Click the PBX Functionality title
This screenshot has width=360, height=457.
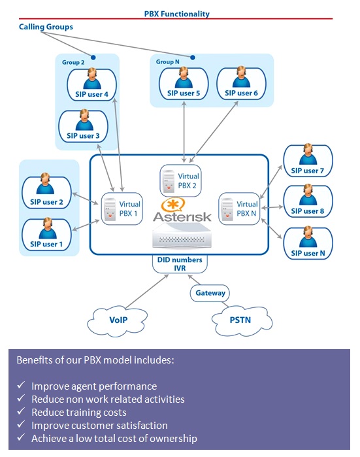click(x=177, y=14)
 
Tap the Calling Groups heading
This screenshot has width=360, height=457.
click(x=46, y=27)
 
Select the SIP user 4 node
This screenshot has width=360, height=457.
click(x=91, y=84)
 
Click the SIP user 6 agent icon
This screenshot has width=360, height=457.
click(x=241, y=77)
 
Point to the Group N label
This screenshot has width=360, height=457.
click(x=167, y=62)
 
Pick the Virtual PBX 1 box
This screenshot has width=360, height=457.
click(x=122, y=209)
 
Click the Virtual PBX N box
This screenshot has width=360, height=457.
click(x=239, y=209)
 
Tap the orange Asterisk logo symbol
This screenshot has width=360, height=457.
click(x=173, y=204)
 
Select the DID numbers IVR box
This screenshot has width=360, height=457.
click(x=180, y=263)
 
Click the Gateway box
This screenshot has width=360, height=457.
click(x=210, y=293)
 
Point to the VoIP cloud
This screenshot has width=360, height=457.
click(x=118, y=320)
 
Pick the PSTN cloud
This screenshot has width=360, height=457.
click(x=242, y=320)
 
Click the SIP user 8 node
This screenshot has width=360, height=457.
click(x=308, y=201)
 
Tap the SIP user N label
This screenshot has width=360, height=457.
click(x=308, y=253)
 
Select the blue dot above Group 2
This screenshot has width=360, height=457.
click(x=93, y=58)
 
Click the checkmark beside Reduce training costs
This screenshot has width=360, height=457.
click(x=21, y=411)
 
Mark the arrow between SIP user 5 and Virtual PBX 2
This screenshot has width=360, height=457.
click(x=184, y=131)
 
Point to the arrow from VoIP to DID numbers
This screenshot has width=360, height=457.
click(x=147, y=292)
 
